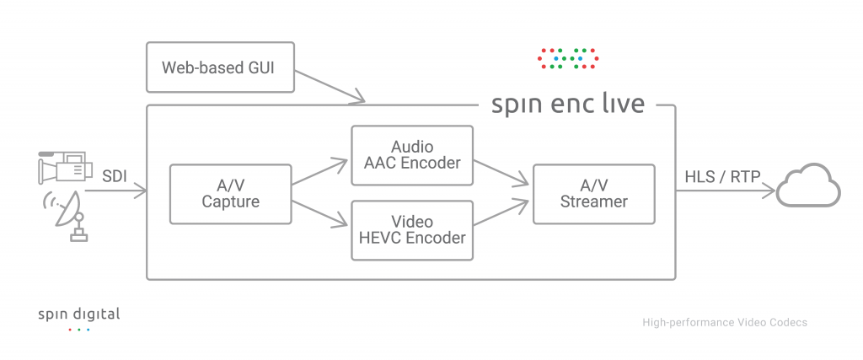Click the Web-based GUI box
click(222, 66)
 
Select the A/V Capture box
click(230, 194)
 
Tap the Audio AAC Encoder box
click(412, 155)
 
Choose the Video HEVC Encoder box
click(412, 229)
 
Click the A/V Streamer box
click(593, 194)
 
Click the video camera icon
click(63, 167)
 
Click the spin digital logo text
click(79, 314)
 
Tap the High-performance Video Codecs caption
click(725, 322)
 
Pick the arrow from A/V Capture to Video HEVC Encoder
click(320, 212)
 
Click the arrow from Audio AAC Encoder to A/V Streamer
click(502, 172)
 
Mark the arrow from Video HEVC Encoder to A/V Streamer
click(502, 213)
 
